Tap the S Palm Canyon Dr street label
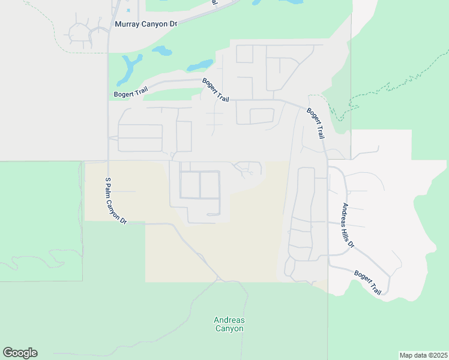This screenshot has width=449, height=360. (116, 200)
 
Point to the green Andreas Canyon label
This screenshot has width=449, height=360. (229, 324)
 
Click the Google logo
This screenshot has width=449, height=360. (20, 353)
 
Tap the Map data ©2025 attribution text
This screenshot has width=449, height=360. (423, 355)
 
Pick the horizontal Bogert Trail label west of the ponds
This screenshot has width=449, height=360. (130, 94)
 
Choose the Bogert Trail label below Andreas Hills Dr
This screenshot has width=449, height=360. (367, 283)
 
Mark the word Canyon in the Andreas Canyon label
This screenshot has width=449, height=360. (229, 329)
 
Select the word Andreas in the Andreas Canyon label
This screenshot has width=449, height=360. (229, 320)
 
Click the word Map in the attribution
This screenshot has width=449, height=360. (406, 355)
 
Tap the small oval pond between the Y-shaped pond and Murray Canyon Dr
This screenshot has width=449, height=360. (162, 51)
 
